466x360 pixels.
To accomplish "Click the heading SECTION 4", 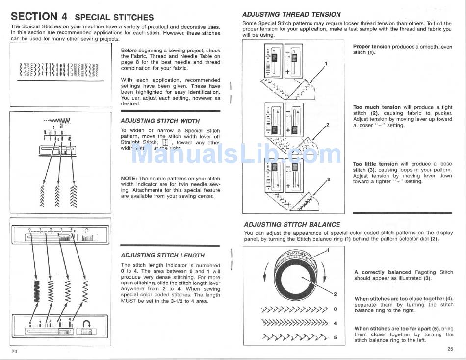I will point(39,16).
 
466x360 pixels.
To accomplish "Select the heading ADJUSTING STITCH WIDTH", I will point(160,121).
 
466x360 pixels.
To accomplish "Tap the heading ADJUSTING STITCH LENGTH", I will point(162,255).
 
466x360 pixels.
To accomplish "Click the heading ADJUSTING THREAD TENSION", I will point(291,14).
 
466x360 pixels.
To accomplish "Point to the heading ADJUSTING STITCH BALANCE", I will point(292,224).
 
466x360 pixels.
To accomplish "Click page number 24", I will point(14,352).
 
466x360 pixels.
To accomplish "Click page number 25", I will point(450,349).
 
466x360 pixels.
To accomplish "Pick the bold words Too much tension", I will point(377,107).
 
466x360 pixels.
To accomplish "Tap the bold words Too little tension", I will point(375,164).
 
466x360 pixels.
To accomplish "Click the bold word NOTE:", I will point(129,179).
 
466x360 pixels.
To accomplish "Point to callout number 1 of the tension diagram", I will point(326,63).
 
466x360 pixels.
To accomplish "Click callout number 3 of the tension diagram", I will point(328,179).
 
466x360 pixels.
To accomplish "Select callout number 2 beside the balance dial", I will point(335,294).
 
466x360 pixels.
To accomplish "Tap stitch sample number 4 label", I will point(335,323).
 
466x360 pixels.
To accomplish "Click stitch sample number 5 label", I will point(335,337).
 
